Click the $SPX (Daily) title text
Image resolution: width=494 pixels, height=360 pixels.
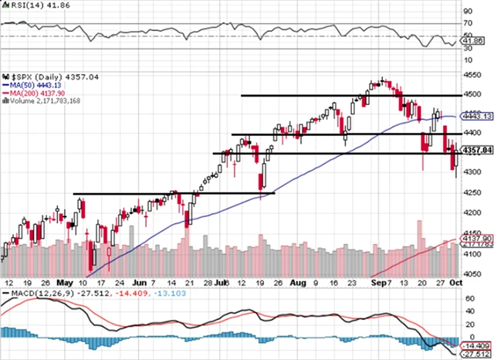(x=32, y=77)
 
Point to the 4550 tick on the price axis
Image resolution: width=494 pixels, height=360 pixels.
(x=470, y=75)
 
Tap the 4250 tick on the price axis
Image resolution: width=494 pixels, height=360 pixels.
(x=470, y=193)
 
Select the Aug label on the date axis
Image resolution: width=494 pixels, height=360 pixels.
(x=293, y=284)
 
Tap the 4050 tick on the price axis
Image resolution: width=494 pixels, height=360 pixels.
(x=470, y=273)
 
